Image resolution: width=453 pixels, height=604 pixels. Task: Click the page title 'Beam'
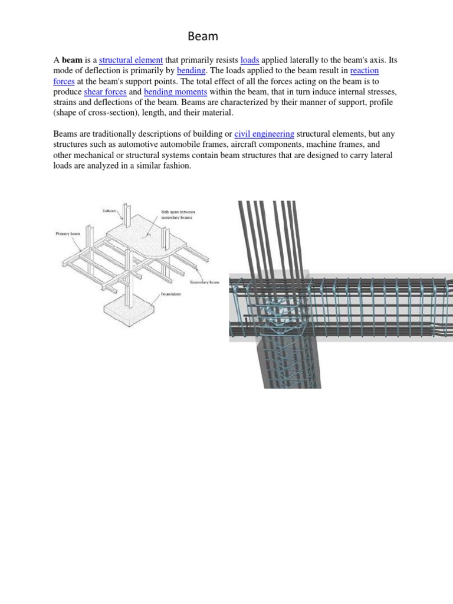203,37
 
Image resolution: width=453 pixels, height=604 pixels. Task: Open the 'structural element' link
131,60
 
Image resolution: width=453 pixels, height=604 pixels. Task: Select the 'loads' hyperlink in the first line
250,60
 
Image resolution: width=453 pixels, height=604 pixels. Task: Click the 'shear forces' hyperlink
106,92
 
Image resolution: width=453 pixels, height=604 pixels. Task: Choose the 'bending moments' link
175,92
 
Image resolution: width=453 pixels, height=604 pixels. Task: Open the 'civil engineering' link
264,134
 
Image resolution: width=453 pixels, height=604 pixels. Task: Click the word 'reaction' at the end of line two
364,71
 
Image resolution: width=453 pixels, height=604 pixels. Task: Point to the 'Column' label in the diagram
110,211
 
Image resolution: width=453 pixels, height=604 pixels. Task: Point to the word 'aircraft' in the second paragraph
258,145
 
